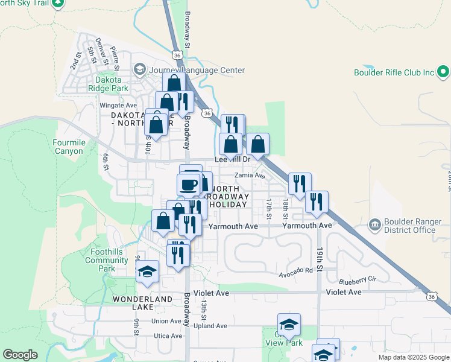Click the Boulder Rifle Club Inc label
click(x=394, y=72)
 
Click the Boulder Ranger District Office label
click(x=409, y=226)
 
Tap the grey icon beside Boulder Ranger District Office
click(x=374, y=226)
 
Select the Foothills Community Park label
click(x=106, y=260)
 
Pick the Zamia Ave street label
click(x=250, y=176)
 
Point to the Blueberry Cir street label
click(x=358, y=280)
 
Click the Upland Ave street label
click(x=211, y=326)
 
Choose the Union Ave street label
click(x=166, y=321)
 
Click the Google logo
click(x=20, y=355)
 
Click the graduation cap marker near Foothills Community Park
click(x=147, y=272)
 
